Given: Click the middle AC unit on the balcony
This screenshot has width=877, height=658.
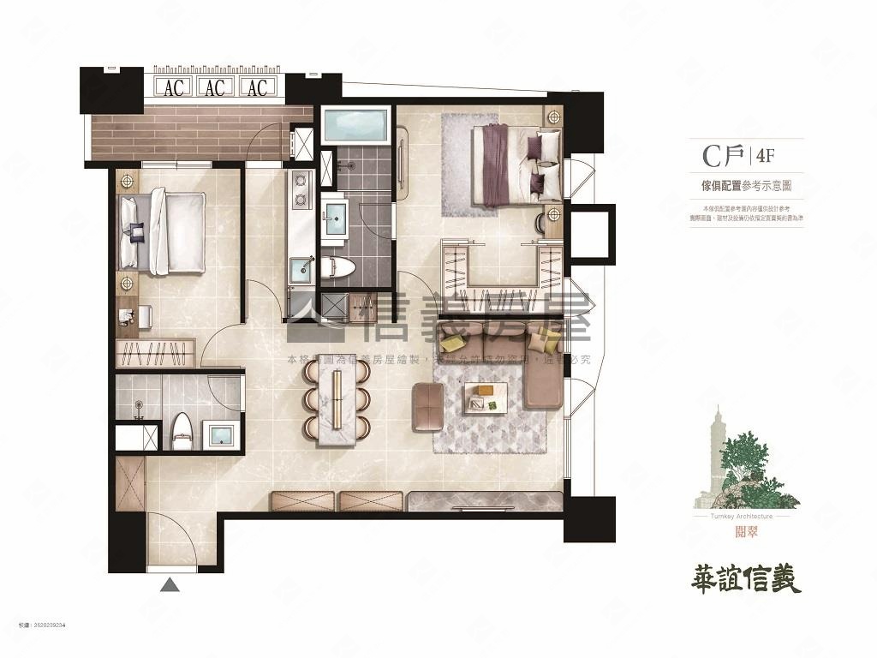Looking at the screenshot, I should coord(215,87).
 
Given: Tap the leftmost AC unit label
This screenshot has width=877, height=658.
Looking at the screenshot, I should coord(174,87).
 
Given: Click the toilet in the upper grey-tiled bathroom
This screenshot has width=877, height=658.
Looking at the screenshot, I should coord(340,269).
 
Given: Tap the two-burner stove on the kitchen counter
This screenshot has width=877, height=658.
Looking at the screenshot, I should coord(301,190).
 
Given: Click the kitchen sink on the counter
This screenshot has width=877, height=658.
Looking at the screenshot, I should coord(301,269).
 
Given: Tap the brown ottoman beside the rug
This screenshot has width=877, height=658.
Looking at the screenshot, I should coord(427,406).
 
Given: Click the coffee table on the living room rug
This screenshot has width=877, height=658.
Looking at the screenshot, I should coord(486,397).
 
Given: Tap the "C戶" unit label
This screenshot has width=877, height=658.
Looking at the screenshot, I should coord(722,157).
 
